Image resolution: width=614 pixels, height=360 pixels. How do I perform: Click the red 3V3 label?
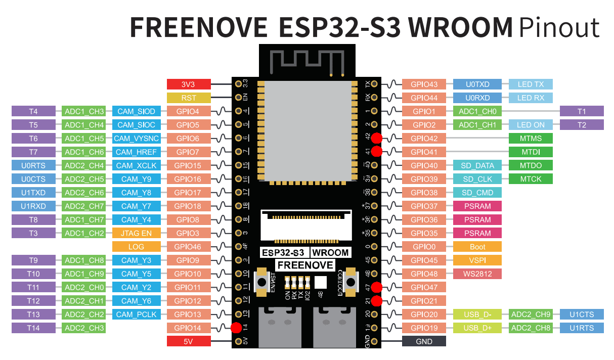click(x=188, y=84)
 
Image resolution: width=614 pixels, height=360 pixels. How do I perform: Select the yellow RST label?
click(x=188, y=98)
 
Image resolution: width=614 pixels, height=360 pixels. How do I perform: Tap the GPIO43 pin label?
click(x=424, y=84)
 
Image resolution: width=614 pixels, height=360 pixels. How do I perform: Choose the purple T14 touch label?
click(x=33, y=328)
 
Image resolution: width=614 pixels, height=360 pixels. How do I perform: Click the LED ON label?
click(x=531, y=125)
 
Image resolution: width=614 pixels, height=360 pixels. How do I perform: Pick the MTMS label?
click(x=531, y=139)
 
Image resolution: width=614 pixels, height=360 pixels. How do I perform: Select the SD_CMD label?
click(x=477, y=193)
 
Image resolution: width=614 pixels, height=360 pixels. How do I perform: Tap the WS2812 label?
click(x=477, y=274)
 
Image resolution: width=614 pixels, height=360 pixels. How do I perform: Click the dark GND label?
click(x=424, y=342)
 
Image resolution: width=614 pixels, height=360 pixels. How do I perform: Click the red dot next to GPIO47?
click(x=376, y=288)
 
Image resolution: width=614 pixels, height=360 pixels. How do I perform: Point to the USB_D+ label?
click(x=477, y=328)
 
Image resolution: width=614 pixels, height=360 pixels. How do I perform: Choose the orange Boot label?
click(x=477, y=247)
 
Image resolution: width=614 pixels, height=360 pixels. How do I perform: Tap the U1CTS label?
click(x=582, y=314)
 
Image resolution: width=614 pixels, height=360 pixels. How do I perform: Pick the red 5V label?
click(x=188, y=342)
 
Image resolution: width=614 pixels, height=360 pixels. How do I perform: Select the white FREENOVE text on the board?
click(x=305, y=265)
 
